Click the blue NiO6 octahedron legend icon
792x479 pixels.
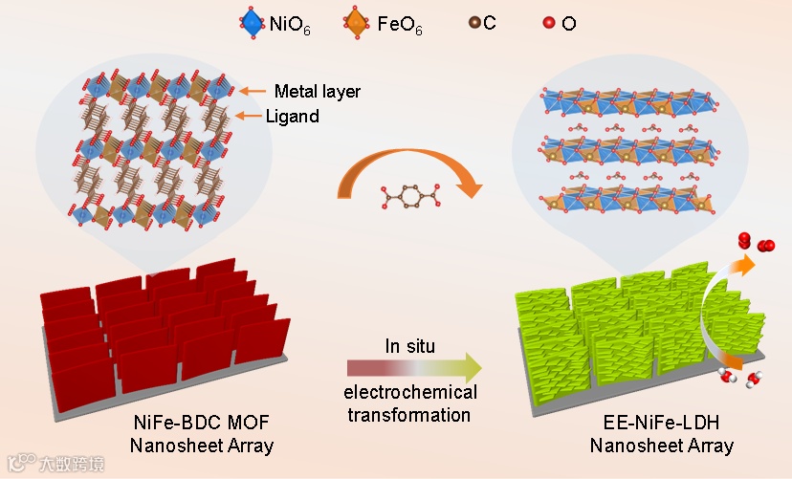[x=253, y=22]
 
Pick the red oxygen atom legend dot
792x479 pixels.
[x=548, y=22]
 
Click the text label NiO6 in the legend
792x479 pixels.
[x=291, y=23]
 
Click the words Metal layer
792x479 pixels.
[x=317, y=92]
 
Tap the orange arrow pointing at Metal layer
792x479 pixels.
[x=253, y=92]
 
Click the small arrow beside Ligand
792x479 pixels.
[x=251, y=116]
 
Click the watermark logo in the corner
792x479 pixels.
[x=17, y=462]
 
